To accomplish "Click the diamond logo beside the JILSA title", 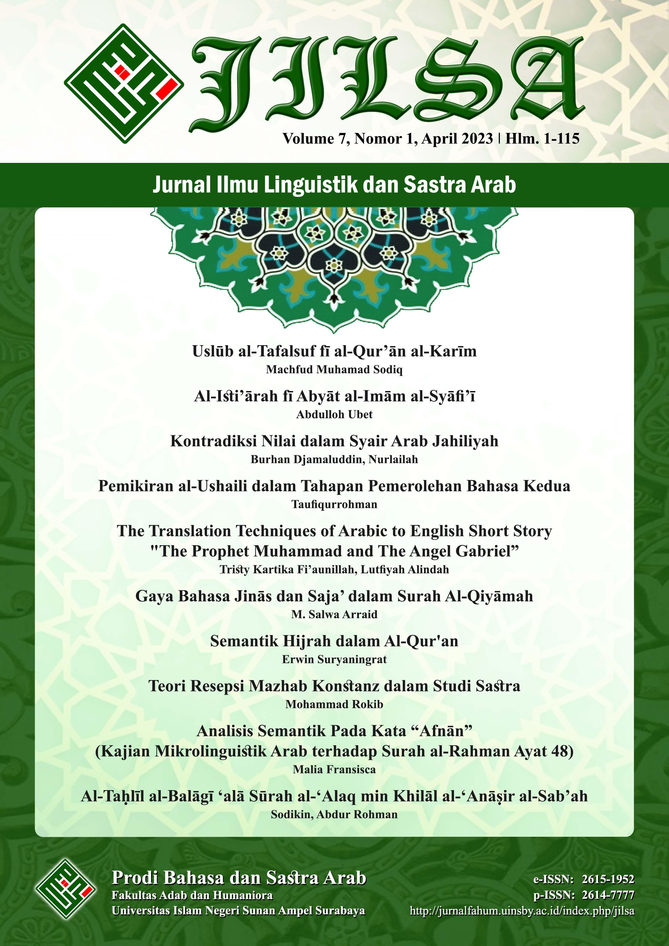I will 124,83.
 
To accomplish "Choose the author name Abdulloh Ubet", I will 334,414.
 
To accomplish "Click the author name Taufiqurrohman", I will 334,504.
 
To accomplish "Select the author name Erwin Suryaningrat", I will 334,659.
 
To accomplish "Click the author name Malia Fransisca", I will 334,769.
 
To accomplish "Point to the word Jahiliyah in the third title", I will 465,441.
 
